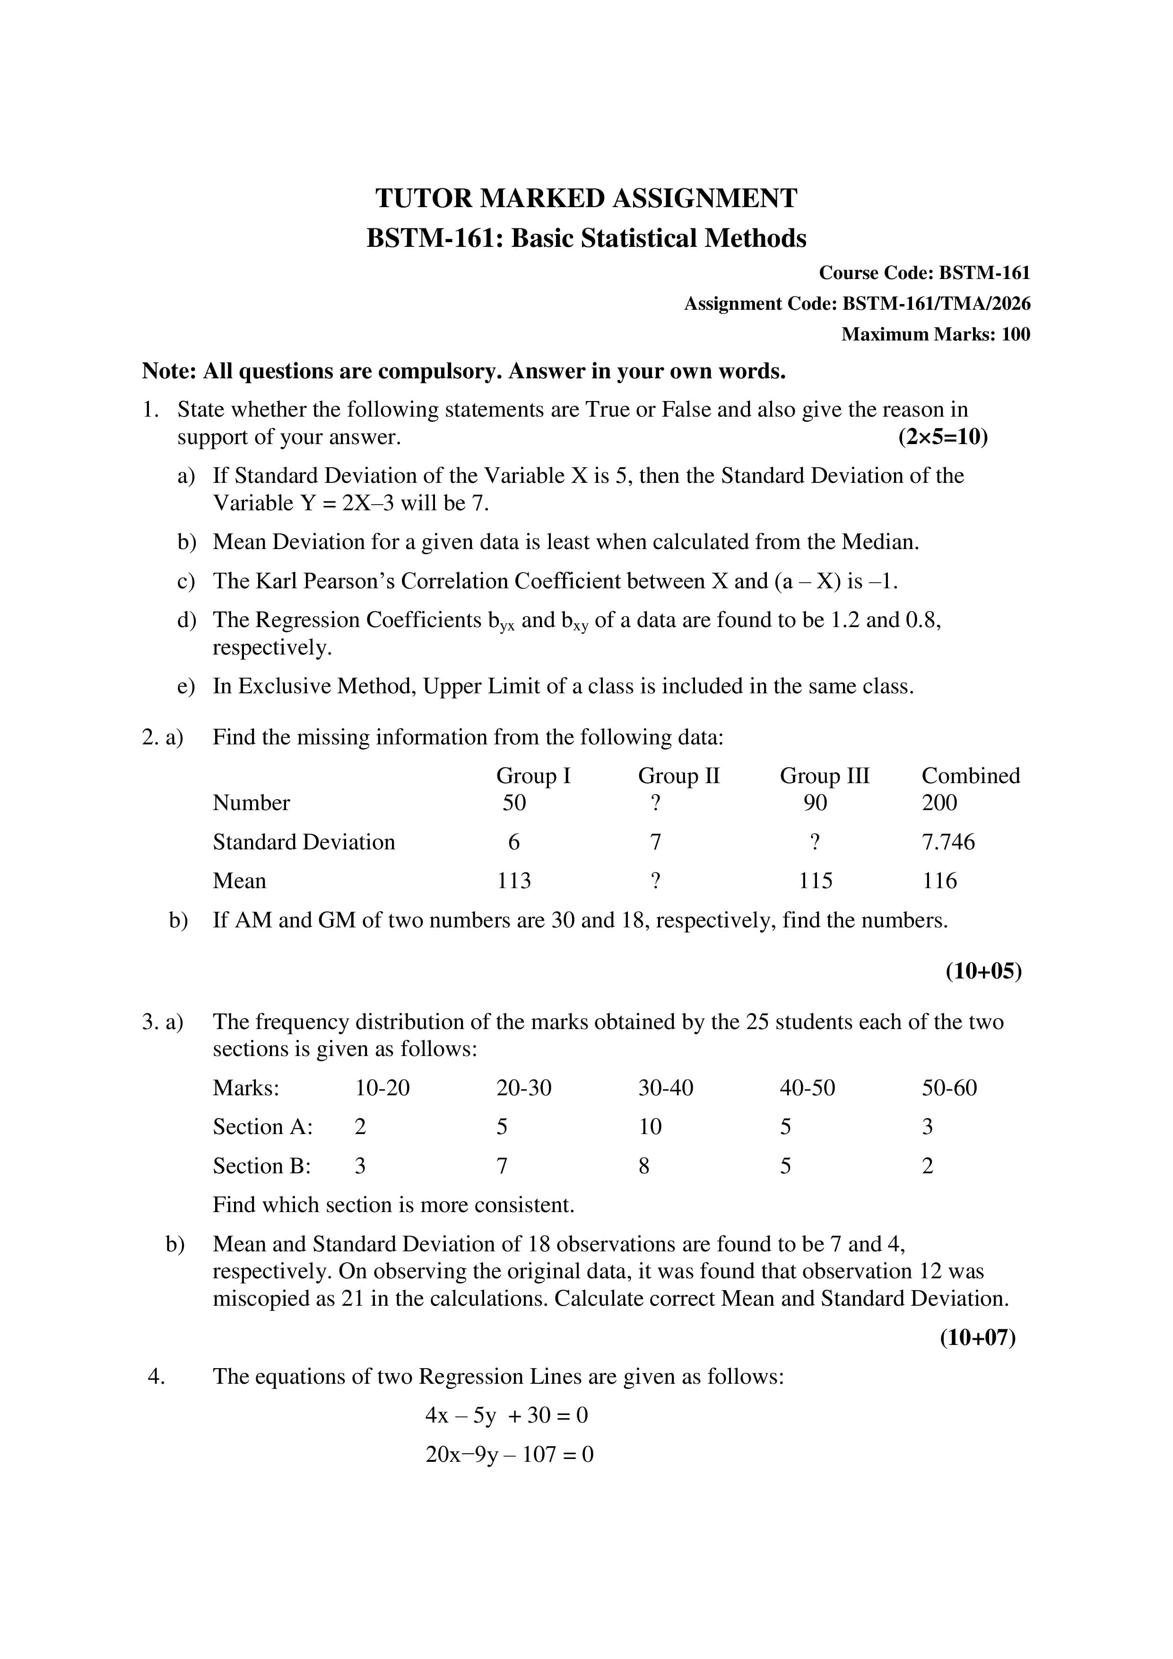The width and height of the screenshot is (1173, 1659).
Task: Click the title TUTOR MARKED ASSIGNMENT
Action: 586,198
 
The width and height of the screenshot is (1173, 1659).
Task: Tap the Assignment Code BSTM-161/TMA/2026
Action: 936,304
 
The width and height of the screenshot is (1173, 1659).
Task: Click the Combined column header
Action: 970,776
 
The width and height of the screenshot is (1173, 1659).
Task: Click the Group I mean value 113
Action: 513,881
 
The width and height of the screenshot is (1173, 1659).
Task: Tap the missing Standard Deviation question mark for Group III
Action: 815,842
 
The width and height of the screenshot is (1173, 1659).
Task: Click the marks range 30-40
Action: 665,1088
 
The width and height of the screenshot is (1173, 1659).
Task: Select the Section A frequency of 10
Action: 650,1127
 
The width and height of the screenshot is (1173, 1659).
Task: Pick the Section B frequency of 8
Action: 643,1166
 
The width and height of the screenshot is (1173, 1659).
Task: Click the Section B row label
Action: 261,1166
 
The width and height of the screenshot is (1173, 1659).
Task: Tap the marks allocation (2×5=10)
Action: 943,437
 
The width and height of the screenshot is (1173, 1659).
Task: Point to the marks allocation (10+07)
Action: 977,1338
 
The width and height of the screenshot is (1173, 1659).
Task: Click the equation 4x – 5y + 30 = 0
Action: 506,1415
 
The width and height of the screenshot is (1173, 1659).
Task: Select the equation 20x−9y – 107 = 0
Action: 509,1455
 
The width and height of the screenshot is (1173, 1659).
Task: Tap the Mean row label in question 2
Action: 239,881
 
